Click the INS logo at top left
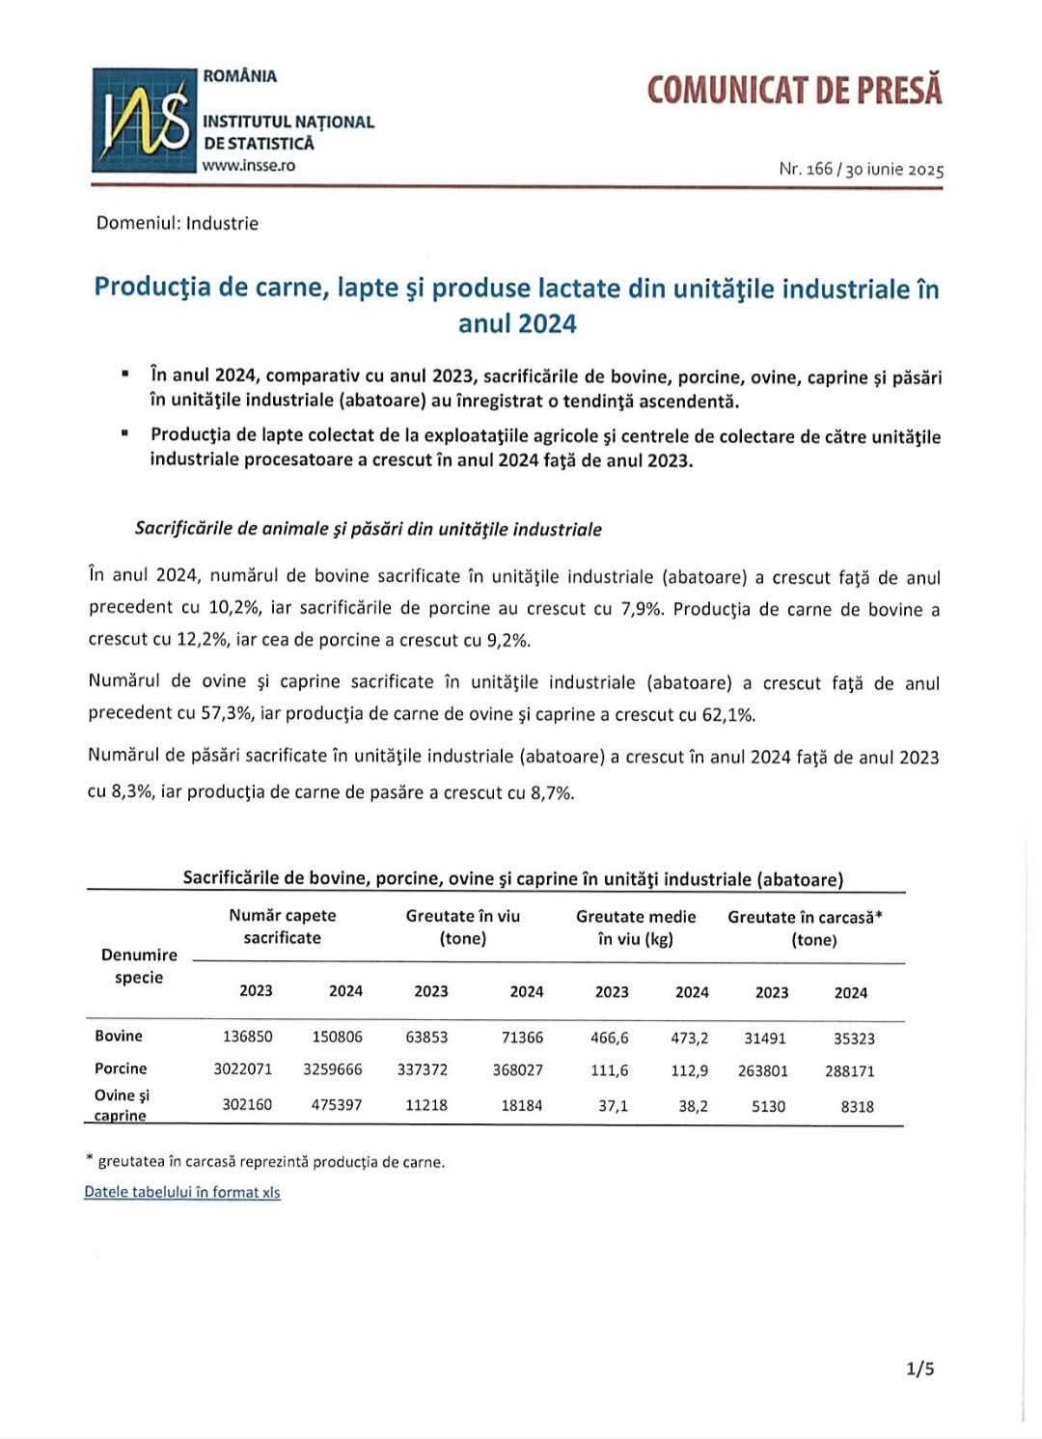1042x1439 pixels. coord(144,120)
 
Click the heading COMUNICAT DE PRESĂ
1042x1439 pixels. coord(794,90)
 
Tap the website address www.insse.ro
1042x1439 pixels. coord(249,165)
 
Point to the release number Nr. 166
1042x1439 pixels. coord(806,169)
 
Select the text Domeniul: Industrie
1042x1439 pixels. coord(178,223)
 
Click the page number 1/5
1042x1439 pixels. coord(920,1368)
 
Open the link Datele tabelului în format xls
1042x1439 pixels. coord(182,1192)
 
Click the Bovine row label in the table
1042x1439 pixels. coord(119,1036)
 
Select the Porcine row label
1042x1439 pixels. coord(121,1068)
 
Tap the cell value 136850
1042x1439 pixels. coord(247,1037)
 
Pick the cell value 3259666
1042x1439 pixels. coord(333,1069)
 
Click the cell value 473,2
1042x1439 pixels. coord(690,1038)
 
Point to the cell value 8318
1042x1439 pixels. coord(857,1107)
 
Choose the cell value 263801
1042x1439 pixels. coord(763,1070)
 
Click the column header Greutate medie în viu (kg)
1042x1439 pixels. coord(636,927)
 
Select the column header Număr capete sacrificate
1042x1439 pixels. coord(283,927)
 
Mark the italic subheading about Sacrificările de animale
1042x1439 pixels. coord(369,529)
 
